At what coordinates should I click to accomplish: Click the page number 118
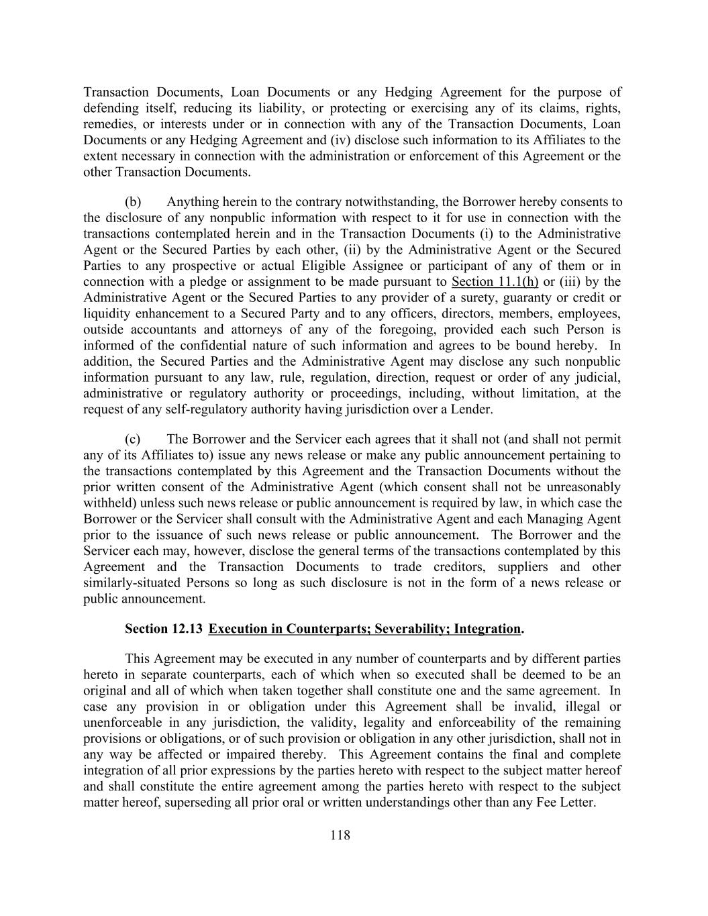[x=340, y=835]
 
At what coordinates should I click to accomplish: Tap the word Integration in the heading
[x=487, y=629]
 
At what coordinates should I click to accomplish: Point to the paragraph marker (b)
[x=133, y=202]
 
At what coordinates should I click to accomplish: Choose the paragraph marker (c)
[x=133, y=440]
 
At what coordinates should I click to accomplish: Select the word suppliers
[x=513, y=567]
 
